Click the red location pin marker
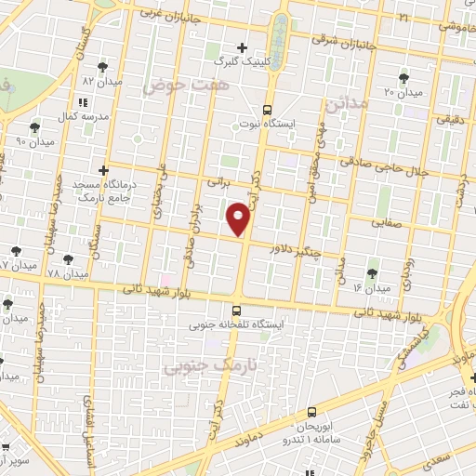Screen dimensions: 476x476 point(240,218)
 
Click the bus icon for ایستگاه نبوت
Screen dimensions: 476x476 point(268,109)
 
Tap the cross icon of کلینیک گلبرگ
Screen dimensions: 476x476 point(243,46)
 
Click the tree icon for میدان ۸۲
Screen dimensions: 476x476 point(102,67)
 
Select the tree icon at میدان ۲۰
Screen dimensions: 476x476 point(403,78)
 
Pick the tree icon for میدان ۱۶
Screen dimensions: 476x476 point(372,272)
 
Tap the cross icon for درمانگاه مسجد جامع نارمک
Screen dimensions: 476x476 point(103,171)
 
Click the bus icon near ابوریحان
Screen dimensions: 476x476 point(311,410)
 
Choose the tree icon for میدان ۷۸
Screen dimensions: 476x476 point(67,259)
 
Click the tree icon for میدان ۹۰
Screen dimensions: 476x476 point(34,127)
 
